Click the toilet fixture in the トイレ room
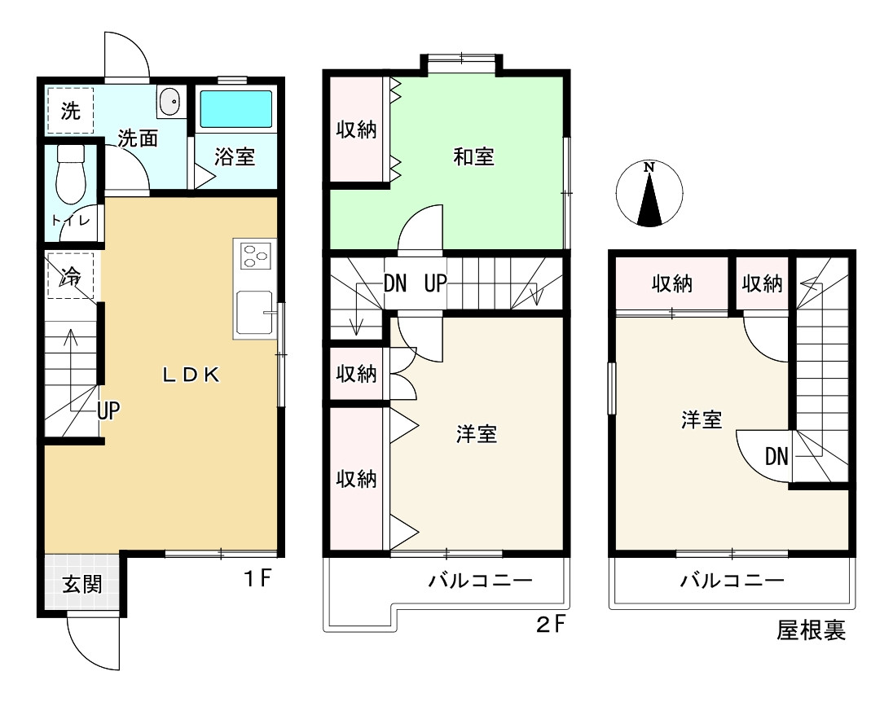click(71, 173)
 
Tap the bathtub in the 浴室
click(235, 109)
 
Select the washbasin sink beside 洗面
click(170, 103)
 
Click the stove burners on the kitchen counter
click(254, 256)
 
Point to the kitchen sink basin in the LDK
click(254, 312)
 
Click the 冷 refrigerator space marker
click(71, 275)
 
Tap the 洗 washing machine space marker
click(70, 111)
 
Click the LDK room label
click(191, 375)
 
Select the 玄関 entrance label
click(82, 584)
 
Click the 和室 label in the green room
click(473, 156)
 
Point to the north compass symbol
click(649, 194)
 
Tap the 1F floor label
click(258, 578)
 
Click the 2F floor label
click(551, 625)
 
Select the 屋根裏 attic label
click(811, 630)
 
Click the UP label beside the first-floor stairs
click(108, 410)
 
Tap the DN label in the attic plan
click(776, 456)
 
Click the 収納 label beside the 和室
click(356, 129)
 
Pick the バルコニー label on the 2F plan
click(480, 581)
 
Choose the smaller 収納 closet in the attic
click(762, 283)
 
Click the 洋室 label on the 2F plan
click(476, 434)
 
